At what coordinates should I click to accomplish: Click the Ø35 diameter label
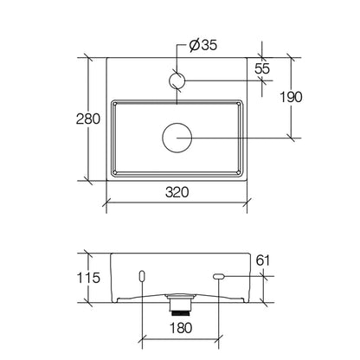[x=203, y=45]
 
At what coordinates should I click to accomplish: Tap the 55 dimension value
[x=262, y=68]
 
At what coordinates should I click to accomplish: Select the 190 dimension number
[x=291, y=97]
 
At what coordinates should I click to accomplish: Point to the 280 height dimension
[x=88, y=119]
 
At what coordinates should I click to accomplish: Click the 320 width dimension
[x=177, y=192]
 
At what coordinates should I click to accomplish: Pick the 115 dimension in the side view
[x=88, y=278]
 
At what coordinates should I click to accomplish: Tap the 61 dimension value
[x=263, y=260]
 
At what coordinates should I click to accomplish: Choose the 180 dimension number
[x=181, y=328]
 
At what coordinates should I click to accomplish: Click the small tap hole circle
[x=177, y=80]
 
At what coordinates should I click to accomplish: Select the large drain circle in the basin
[x=177, y=138]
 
